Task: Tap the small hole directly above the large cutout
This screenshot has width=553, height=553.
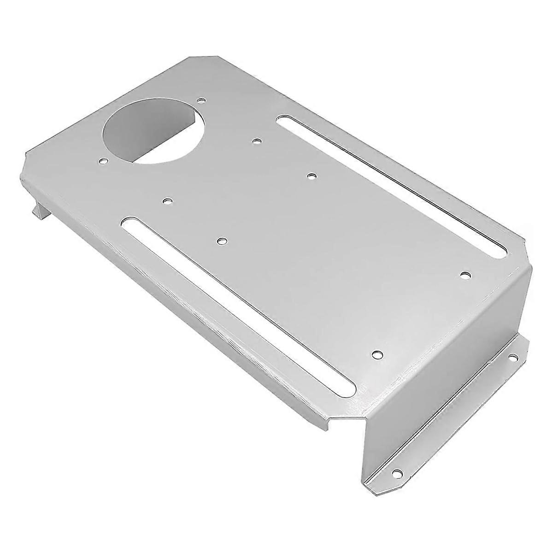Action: [200, 99]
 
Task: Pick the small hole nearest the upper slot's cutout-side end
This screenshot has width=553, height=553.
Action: [256, 141]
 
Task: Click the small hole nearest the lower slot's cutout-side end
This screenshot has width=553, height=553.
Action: [167, 201]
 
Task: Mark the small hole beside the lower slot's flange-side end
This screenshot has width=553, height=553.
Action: [377, 354]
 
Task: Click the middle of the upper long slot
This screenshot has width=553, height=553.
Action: [392, 184]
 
